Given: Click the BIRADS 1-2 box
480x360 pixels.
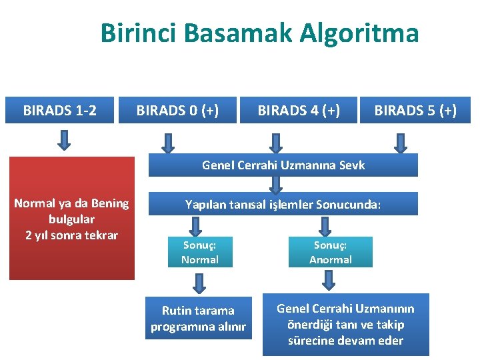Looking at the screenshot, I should (60, 110).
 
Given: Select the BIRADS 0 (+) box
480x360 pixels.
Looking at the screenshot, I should (178, 110).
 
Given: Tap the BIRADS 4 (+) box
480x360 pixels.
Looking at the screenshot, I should (299, 110).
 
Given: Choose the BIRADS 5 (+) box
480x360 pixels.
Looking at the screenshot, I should (415, 110).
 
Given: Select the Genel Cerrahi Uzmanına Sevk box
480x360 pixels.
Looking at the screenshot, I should (283, 165).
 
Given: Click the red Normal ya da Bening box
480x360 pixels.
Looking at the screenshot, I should (71, 218).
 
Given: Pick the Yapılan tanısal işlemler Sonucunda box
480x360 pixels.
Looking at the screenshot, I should (283, 204).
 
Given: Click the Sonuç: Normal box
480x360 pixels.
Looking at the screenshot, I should (200, 252).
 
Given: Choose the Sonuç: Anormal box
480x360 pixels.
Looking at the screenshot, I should (330, 252).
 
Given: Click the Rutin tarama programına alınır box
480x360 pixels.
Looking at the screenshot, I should (199, 318).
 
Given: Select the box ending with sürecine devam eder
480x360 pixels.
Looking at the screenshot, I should (345, 324).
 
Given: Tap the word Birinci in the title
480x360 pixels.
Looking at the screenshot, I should (139, 33).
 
